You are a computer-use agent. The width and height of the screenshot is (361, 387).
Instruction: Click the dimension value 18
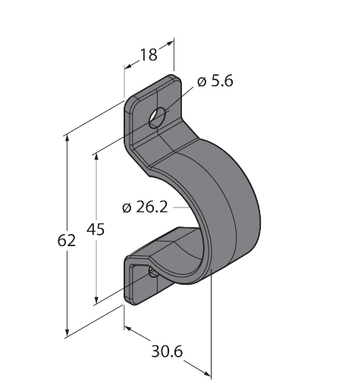(149, 55)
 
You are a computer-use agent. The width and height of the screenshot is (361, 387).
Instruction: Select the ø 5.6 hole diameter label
(215, 81)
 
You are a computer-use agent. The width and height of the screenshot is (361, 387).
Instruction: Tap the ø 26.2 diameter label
(145, 208)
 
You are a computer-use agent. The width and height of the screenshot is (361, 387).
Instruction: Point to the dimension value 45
(96, 229)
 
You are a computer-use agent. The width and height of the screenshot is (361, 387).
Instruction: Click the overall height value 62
(67, 240)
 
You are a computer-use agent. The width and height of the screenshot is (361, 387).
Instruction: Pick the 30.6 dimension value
(167, 351)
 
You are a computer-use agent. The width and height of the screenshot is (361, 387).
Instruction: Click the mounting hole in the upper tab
(157, 117)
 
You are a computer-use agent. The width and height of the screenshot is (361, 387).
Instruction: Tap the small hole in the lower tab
(153, 272)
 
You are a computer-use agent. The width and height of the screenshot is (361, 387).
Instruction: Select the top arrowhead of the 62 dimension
(67, 139)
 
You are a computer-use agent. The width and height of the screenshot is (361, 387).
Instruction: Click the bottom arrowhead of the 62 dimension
(67, 332)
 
